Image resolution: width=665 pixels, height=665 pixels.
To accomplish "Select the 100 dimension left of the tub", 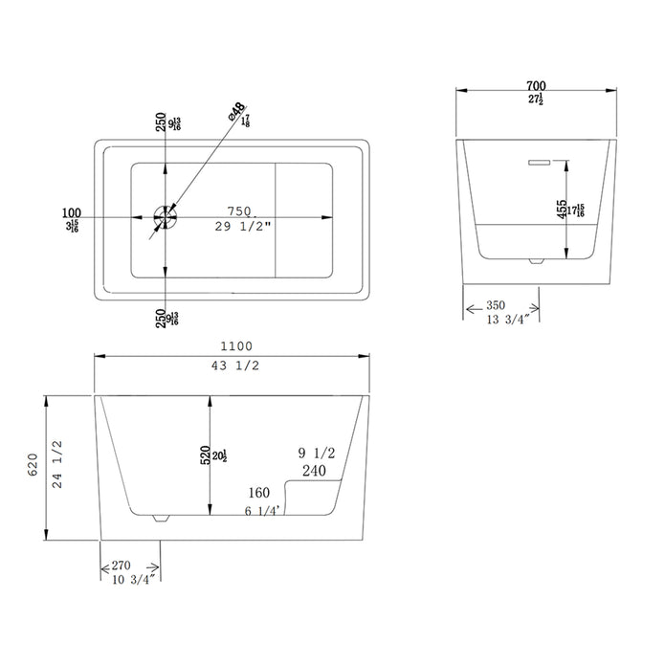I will coord(71,212).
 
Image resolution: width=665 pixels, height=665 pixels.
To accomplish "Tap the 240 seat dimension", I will coord(314,471).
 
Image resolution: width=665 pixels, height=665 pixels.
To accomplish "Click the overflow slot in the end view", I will coord(539,163).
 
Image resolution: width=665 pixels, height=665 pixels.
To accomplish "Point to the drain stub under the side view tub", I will coord(160,519).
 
